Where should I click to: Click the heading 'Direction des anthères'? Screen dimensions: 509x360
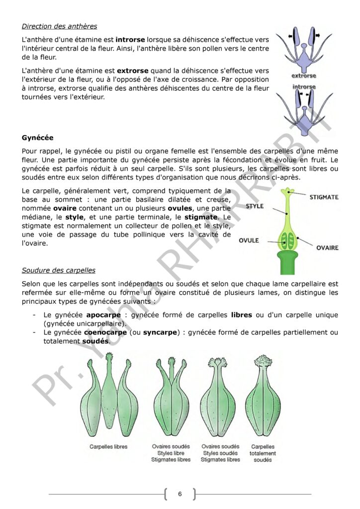[x=59, y=26]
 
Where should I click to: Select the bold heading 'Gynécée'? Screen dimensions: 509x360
[x=38, y=137]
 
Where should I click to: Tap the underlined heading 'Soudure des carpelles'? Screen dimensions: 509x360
[x=59, y=270]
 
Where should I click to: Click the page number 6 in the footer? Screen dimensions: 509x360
[x=180, y=494]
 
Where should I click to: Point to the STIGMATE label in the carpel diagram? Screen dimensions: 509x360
[x=324, y=197]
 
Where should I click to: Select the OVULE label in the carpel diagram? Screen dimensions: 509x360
[x=249, y=241]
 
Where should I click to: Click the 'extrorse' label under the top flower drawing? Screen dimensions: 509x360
[x=304, y=76]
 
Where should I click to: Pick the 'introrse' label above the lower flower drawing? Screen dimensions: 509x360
[x=304, y=86]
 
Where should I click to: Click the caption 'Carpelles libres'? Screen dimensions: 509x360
[x=108, y=447]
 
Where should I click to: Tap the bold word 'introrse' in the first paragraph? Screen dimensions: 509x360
[x=130, y=39]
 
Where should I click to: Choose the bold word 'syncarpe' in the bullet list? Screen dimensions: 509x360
[x=159, y=332]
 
